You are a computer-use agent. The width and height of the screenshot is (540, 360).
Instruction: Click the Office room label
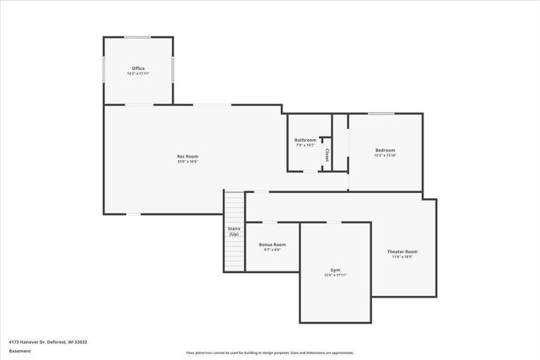click(138, 68)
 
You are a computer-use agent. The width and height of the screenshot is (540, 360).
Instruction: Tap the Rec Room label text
click(187, 156)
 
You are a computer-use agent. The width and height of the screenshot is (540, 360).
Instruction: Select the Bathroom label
click(305, 140)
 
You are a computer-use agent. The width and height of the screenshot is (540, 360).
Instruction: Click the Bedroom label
click(385, 150)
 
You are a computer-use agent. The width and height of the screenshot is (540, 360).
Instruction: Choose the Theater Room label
click(402, 251)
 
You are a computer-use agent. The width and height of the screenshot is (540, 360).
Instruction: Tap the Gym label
click(335, 270)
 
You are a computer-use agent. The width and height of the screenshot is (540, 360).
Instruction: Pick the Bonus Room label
click(272, 244)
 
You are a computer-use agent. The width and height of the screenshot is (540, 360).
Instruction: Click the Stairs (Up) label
click(234, 231)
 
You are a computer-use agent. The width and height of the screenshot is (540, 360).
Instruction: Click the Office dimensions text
click(138, 74)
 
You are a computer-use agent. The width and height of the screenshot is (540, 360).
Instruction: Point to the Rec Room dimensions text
click(187, 162)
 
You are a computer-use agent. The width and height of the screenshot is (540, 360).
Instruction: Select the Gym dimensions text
click(335, 276)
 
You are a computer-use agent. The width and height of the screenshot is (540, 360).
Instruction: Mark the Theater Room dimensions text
click(402, 257)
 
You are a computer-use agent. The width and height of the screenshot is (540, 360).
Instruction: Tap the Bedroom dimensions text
click(385, 156)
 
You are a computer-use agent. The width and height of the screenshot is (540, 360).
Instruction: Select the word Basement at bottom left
click(20, 351)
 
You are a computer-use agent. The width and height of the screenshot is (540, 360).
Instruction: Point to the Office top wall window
click(138, 37)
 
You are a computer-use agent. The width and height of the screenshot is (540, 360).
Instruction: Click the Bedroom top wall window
click(381, 113)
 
